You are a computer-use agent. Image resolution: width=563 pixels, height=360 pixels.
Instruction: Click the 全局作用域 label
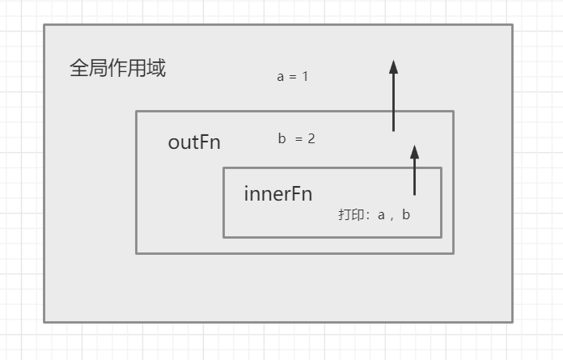117,69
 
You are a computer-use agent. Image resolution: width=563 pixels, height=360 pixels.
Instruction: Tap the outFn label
194,143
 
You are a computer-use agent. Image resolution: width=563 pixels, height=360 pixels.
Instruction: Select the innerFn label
277,194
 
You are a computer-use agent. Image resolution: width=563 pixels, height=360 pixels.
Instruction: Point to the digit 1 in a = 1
305,77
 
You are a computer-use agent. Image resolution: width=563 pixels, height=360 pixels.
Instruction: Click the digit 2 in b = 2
311,139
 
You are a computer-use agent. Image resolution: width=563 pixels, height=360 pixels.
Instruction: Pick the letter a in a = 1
281,77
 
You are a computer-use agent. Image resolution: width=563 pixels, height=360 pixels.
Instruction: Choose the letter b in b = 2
281,139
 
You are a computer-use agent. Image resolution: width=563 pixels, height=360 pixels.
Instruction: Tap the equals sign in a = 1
292,77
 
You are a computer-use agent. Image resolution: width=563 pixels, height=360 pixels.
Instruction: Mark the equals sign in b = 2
298,139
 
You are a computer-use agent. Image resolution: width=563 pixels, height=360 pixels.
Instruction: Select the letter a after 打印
382,215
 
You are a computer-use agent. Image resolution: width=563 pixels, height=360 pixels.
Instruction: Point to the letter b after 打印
406,215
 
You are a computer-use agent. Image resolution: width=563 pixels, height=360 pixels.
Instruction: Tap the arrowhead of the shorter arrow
414,151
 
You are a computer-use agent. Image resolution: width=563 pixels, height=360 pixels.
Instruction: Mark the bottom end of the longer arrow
393,131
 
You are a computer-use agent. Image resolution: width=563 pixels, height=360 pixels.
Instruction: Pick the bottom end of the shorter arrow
414,195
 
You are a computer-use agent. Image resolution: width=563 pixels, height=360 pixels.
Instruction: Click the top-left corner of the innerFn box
224,168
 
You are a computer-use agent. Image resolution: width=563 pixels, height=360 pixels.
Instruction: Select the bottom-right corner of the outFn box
453,253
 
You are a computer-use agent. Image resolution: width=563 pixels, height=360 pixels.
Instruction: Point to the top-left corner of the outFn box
137,112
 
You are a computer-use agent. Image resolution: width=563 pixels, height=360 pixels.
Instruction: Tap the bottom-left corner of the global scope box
44,322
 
